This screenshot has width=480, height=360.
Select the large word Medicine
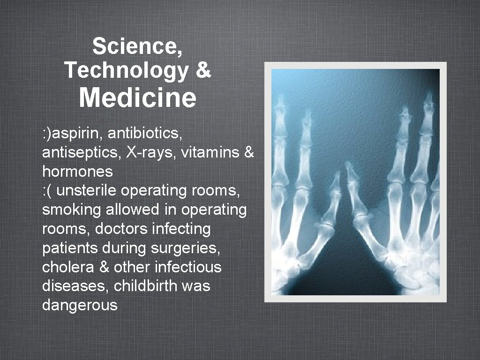tap(137, 98)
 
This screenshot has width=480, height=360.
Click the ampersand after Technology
tap(202, 70)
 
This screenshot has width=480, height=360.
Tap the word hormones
tap(77, 172)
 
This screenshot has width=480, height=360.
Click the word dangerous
tap(80, 306)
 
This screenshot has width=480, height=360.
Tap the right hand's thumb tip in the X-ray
tap(350, 166)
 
